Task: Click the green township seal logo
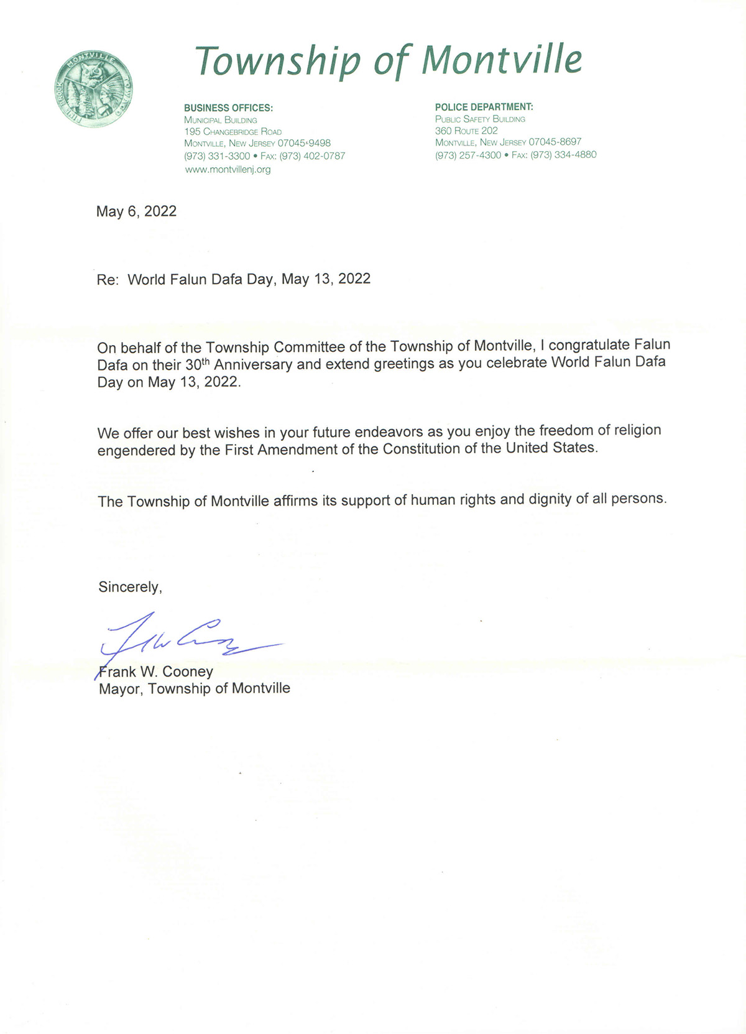coord(93,89)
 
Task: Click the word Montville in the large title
coord(502,60)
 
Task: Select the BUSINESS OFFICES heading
coord(228,108)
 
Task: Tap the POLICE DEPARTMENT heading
coord(484,107)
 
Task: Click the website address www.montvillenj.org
coord(228,169)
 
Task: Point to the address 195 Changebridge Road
coord(233,132)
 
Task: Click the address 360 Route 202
coord(466,131)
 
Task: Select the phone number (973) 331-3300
coord(217,156)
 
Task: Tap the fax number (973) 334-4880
coord(563,155)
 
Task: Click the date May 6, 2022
coord(136,211)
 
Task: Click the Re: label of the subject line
coord(108,280)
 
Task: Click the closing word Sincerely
coord(130,587)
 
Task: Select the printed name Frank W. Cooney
coord(156,672)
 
